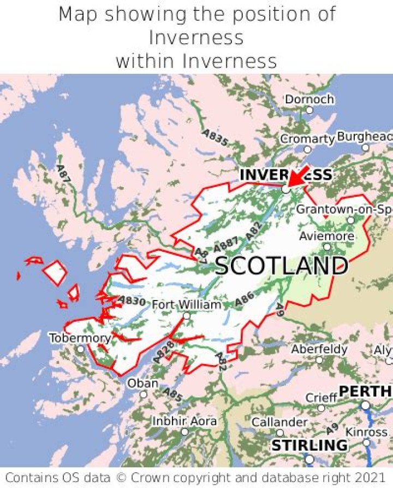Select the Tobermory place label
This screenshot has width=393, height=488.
[x=80, y=338]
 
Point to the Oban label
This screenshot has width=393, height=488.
[x=142, y=384]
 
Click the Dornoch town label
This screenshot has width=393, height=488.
[x=309, y=99]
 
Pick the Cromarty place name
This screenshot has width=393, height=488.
[x=307, y=139]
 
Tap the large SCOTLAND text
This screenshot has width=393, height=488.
[x=281, y=266]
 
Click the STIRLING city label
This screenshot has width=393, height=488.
[x=309, y=445]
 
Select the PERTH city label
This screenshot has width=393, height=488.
[x=365, y=391]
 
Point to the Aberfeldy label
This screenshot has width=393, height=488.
[x=319, y=349]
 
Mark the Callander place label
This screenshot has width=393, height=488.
[x=279, y=422]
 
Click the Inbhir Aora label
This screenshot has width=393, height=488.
[x=184, y=421]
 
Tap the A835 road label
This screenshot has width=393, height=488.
[x=215, y=138]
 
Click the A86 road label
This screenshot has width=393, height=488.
[x=244, y=298]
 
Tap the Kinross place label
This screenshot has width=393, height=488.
[x=367, y=432]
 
